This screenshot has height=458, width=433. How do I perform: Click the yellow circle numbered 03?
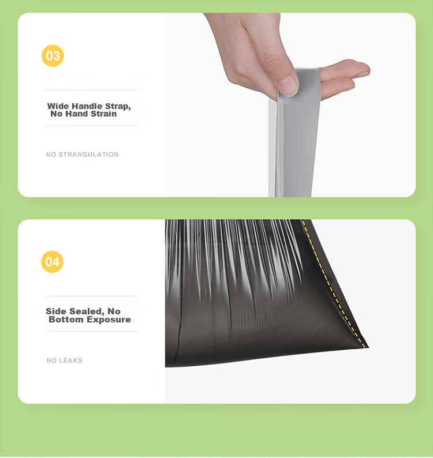pyautogui.click(x=53, y=56)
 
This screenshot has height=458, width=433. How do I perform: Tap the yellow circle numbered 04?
pyautogui.click(x=53, y=262)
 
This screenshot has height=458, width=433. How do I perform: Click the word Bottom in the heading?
pyautogui.click(x=66, y=320)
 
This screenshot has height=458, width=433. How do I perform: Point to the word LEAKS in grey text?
pyautogui.click(x=73, y=361)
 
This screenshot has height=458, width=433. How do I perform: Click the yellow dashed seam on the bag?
pyautogui.click(x=333, y=284)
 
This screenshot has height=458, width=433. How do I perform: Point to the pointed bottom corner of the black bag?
pyautogui.click(x=368, y=347)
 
